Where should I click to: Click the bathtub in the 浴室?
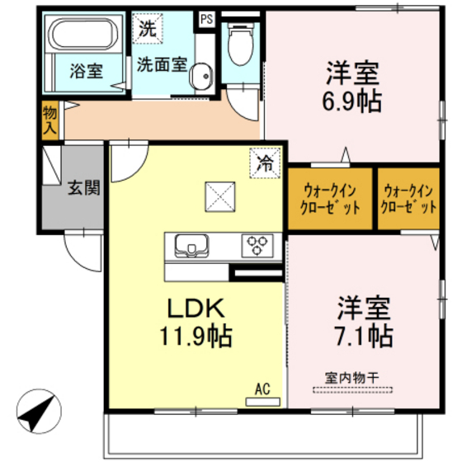[x=85, y=36]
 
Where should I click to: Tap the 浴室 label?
[x=85, y=70]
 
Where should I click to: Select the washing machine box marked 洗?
[x=147, y=27]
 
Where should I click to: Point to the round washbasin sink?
[x=200, y=78]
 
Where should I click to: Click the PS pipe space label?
[x=205, y=16]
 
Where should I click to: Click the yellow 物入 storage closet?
[x=49, y=120]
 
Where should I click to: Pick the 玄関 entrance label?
[x=84, y=188]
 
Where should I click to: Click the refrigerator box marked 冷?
[x=265, y=163]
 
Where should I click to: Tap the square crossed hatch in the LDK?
[x=220, y=196]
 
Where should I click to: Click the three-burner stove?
[x=257, y=245]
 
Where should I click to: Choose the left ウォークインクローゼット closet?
[x=328, y=198]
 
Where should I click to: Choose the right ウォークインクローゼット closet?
[x=408, y=198]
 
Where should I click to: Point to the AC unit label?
[x=263, y=388]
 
